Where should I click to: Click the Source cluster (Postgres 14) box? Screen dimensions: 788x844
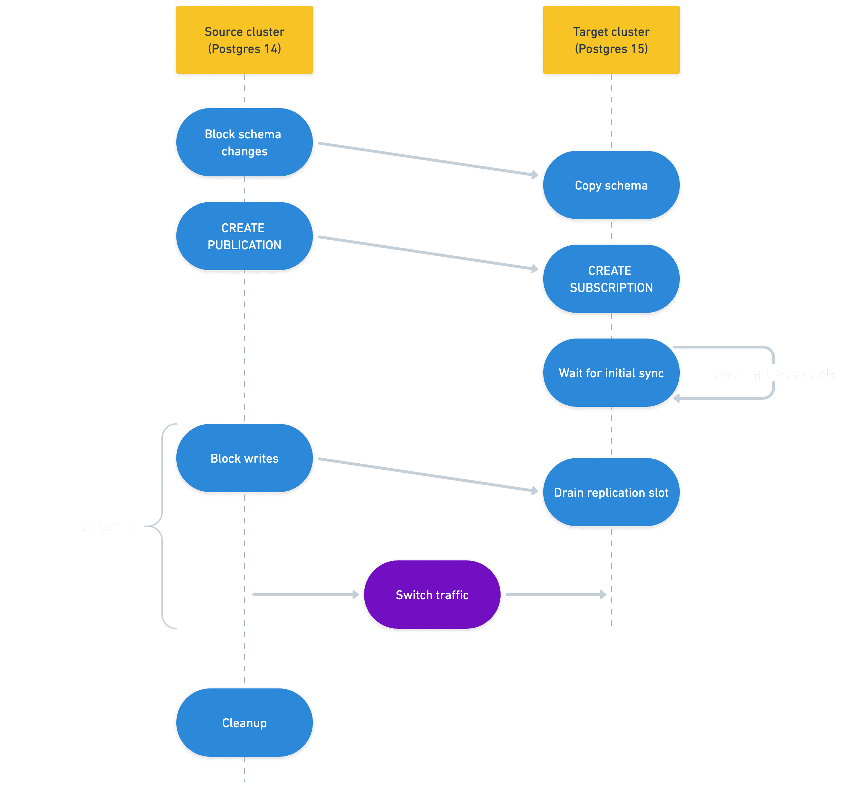pos(245,40)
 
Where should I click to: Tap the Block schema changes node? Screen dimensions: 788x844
pos(245,142)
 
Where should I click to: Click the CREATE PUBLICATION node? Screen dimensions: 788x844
pos(245,236)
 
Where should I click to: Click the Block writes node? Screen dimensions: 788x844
pos(245,458)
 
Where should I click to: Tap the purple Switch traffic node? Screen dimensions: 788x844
pos(432,595)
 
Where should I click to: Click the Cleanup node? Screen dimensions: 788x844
pos(245,723)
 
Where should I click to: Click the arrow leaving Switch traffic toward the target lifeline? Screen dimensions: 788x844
pos(554,595)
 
